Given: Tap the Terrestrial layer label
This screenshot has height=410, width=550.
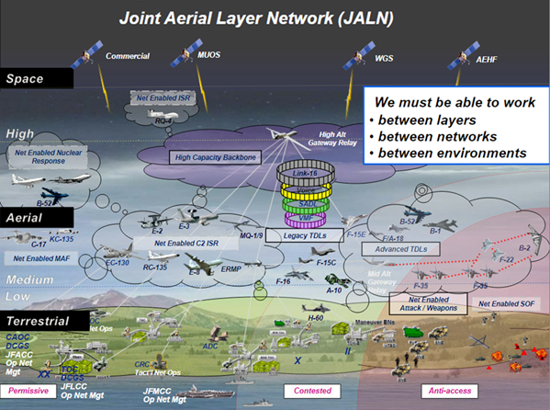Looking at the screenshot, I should [37, 321].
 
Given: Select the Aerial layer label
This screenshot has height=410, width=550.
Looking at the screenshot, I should [27, 217].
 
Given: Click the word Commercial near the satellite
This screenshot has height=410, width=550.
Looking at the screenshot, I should [128, 56].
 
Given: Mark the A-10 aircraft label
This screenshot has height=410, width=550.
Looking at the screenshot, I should [333, 290].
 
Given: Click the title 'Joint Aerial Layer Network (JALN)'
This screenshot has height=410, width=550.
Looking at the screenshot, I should [275, 17].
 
